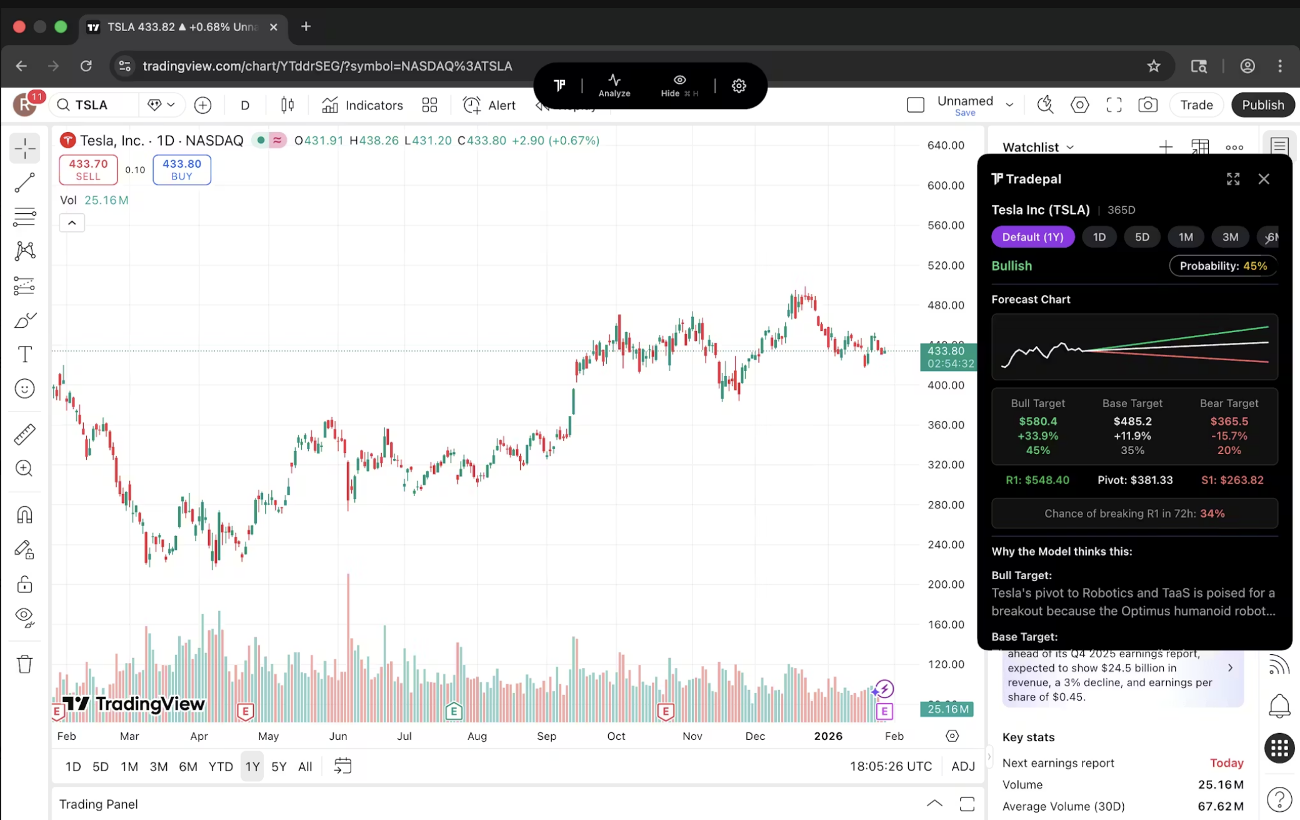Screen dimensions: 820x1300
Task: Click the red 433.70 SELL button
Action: (88, 170)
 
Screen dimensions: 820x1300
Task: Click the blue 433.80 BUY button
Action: (182, 170)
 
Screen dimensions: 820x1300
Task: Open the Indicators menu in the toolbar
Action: (362, 105)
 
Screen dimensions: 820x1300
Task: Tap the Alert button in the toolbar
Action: (489, 105)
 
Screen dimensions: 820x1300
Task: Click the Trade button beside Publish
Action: (1196, 105)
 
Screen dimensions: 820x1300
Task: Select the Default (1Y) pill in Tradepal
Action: (1032, 237)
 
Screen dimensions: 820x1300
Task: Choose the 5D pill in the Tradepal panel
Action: (1142, 237)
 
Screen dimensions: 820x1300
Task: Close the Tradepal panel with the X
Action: (1264, 180)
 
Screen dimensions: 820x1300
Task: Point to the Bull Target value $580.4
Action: (1037, 422)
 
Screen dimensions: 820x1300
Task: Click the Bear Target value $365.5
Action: (1229, 422)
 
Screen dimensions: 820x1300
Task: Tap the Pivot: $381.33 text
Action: (1135, 480)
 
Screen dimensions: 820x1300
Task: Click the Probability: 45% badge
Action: (1222, 266)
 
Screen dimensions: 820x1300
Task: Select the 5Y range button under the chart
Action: (279, 767)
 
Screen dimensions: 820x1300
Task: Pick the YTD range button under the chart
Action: (221, 767)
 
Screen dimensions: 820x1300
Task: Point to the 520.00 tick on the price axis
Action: (946, 265)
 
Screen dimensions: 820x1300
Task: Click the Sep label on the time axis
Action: (546, 736)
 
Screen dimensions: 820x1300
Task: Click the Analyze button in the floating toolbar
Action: (614, 85)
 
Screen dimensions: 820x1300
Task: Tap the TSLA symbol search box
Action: (94, 105)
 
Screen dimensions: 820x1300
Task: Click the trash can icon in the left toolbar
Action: (24, 664)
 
